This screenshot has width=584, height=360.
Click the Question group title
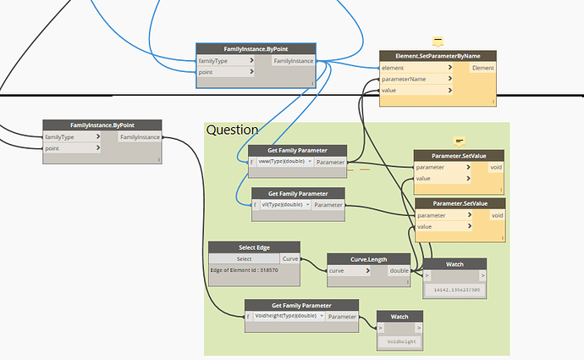[x=232, y=130]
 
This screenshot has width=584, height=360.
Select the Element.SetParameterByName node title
[x=437, y=56]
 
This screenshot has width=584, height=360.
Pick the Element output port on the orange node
[x=482, y=68]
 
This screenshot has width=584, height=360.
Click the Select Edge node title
[x=254, y=247]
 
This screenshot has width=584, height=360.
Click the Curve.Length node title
[x=368, y=259]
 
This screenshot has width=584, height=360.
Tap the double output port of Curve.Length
[x=399, y=271]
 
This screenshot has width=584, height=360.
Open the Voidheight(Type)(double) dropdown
[x=288, y=316]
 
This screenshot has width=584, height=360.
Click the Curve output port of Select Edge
[x=290, y=258]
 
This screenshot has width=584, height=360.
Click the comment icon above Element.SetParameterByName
[x=438, y=42]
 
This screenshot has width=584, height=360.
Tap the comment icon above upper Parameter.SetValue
[x=459, y=141]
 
